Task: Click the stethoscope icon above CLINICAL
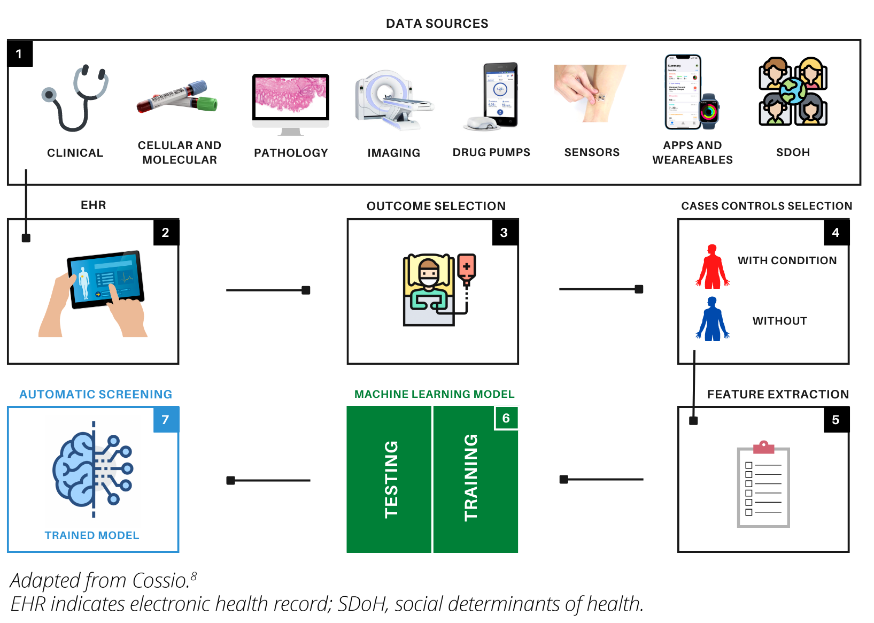pyautogui.click(x=75, y=99)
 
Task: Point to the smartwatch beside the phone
pyautogui.click(x=709, y=111)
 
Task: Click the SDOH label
pyautogui.click(x=793, y=152)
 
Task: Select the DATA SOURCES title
pyautogui.click(x=437, y=24)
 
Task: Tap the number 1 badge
pyautogui.click(x=20, y=54)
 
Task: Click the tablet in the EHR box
pyautogui.click(x=106, y=279)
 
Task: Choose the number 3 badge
pyautogui.click(x=504, y=233)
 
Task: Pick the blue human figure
pyautogui.click(x=712, y=319)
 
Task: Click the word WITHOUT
pyautogui.click(x=779, y=321)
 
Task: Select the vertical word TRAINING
pyautogui.click(x=471, y=477)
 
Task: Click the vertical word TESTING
pyautogui.click(x=391, y=479)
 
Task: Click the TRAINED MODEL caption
pyautogui.click(x=92, y=535)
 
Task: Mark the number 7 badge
pyautogui.click(x=166, y=420)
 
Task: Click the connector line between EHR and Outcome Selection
pyautogui.click(x=267, y=290)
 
